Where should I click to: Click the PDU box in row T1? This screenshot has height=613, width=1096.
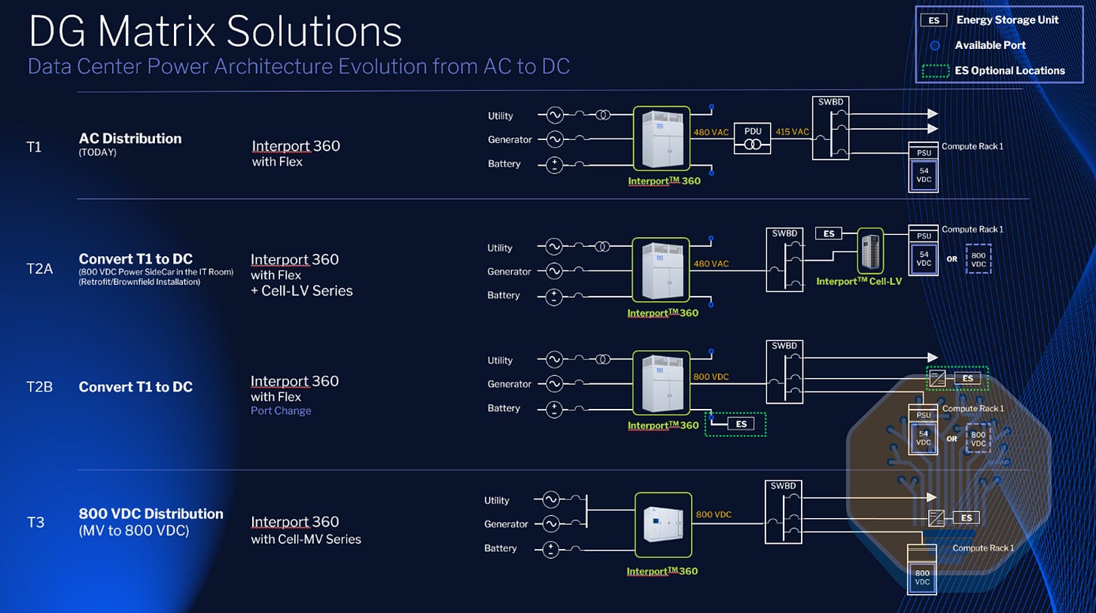(753, 138)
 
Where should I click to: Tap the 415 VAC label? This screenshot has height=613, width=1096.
(792, 132)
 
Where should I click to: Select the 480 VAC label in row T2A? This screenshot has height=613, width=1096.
(711, 264)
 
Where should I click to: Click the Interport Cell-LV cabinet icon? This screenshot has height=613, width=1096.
(870, 252)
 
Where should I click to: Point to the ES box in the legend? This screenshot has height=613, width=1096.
(933, 20)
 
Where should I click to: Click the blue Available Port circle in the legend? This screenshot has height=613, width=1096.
(935, 45)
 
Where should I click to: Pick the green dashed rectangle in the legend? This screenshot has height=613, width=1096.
(936, 71)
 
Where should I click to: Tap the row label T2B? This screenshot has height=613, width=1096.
(39, 387)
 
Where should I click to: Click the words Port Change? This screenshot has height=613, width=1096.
(281, 410)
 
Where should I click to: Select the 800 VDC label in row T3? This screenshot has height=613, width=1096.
(714, 514)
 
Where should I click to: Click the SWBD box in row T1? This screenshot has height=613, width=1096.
(831, 128)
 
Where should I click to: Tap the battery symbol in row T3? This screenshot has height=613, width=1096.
(551, 549)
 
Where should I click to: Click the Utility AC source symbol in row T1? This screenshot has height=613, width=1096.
(555, 115)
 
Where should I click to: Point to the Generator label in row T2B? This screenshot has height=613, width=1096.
(510, 384)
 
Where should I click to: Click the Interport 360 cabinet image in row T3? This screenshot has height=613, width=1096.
(663, 524)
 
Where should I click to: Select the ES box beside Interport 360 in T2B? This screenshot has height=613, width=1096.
(741, 424)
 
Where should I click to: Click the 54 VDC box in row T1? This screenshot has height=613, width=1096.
(924, 175)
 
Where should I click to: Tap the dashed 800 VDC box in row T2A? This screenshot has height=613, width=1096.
(979, 260)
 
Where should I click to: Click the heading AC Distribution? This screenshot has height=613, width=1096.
(130, 139)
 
